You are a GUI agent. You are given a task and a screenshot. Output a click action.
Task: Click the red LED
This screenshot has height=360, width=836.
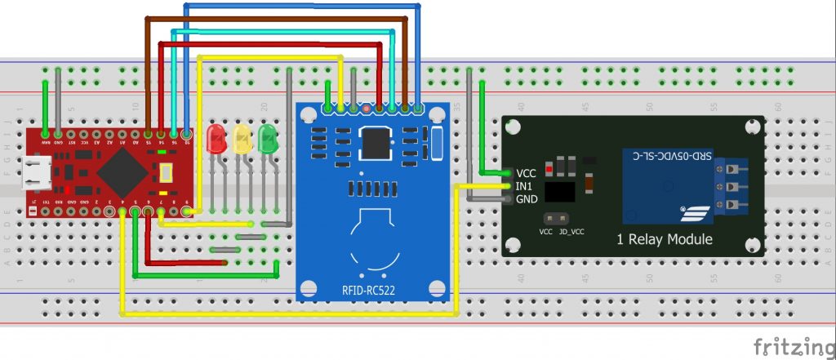pos(216,139)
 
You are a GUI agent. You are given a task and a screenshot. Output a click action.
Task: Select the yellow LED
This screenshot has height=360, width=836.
pos(242,139)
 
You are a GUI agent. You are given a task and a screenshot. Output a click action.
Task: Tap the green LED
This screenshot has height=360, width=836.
pos(267,139)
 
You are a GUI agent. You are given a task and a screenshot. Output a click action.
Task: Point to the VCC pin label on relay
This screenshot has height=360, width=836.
pos(527,173)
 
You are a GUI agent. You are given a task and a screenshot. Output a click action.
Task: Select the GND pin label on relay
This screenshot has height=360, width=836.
pos(527,199)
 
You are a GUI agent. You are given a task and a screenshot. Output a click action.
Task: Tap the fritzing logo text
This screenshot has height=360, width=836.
pos(788,346)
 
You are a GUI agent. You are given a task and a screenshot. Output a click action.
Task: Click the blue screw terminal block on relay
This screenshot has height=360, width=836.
pos(731,188)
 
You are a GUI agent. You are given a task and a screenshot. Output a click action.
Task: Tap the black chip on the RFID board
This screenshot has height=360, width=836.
pos(377,143)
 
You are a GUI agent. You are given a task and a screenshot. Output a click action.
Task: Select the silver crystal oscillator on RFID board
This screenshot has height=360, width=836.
pos(436,143)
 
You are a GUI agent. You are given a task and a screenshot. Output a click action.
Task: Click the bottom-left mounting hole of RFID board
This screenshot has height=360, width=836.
pos(308,287)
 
